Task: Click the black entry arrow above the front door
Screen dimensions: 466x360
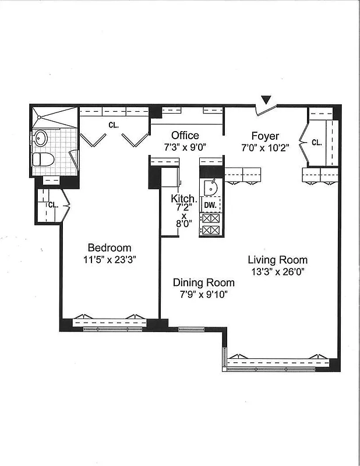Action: [x=266, y=100]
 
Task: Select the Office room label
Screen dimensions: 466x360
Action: [x=185, y=136]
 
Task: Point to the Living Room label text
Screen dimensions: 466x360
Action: [x=277, y=260]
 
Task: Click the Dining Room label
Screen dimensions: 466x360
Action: [x=204, y=283]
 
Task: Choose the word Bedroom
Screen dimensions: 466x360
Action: [x=110, y=248]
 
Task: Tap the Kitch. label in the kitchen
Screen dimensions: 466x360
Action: [x=181, y=199]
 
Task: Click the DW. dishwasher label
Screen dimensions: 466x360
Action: [x=210, y=205]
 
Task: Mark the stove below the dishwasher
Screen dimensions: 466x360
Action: [x=210, y=224]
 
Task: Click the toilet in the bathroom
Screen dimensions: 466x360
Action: [x=44, y=159]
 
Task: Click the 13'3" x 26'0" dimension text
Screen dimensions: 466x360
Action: [x=277, y=271]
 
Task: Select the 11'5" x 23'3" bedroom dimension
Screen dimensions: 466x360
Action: [x=110, y=259]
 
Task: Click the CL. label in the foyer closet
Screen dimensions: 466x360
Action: [x=316, y=142]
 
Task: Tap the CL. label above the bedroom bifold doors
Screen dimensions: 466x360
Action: [x=114, y=124]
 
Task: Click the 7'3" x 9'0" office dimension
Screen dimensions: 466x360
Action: [x=185, y=147]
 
